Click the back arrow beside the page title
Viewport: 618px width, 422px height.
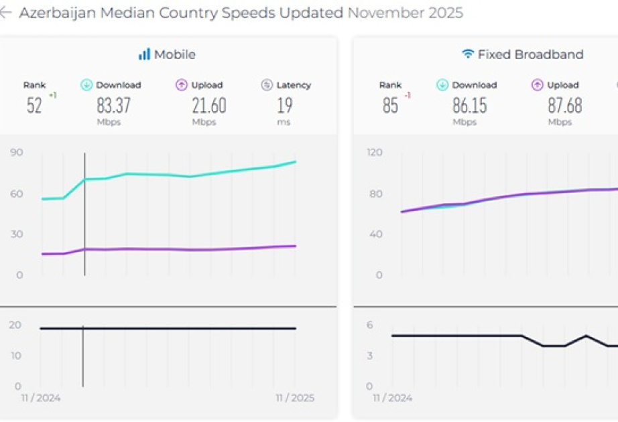[x=5, y=13]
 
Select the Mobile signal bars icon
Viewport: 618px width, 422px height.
[x=144, y=54]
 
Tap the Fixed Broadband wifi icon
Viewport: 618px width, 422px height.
[x=468, y=54]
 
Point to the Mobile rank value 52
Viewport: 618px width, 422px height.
[x=34, y=106]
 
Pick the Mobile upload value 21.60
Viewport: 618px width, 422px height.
[x=208, y=106]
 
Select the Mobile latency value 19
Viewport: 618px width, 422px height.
[x=284, y=106]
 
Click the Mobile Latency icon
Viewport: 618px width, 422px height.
[x=266, y=85]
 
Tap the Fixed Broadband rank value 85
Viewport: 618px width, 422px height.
[x=390, y=106]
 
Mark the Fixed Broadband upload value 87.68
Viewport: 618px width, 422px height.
[x=564, y=106]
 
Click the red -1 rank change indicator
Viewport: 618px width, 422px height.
[x=408, y=95]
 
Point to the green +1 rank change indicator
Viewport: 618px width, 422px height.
[x=52, y=95]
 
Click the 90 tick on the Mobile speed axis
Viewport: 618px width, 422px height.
[x=16, y=153]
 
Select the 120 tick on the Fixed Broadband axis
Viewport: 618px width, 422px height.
[x=374, y=153]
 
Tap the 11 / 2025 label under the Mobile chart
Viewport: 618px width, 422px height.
[x=295, y=398]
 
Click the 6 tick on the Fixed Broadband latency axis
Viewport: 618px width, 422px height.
[x=370, y=326]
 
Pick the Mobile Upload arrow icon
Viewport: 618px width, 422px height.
[x=182, y=85]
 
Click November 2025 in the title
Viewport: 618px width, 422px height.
[x=405, y=13]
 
